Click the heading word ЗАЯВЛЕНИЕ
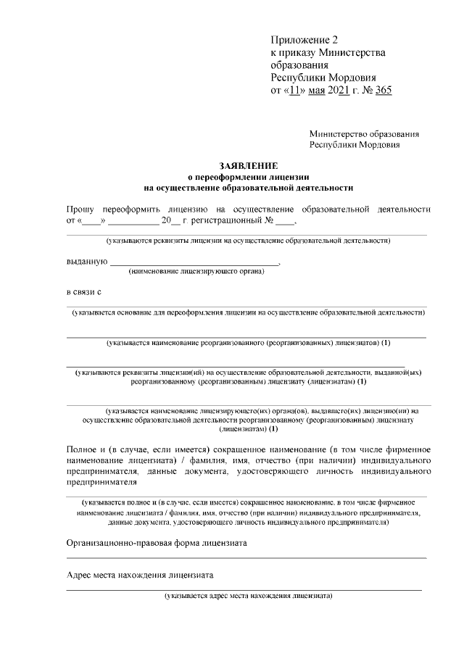click(x=248, y=165)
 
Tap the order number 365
click(x=384, y=90)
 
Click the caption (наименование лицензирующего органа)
click(x=196, y=272)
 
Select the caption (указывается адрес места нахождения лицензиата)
click(x=248, y=597)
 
